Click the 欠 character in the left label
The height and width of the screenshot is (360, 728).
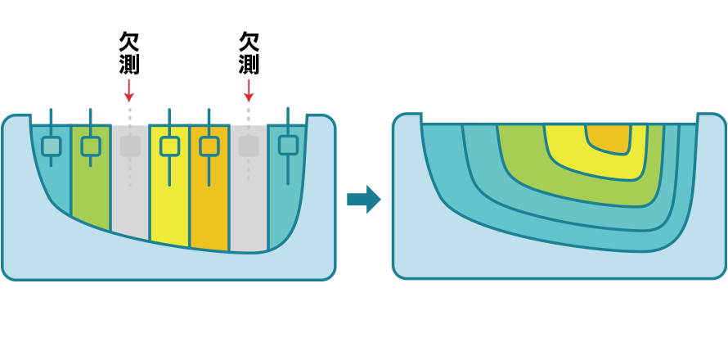pos(128,42)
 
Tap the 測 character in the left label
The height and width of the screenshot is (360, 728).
pos(128,64)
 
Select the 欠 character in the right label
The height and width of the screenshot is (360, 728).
pos(249,42)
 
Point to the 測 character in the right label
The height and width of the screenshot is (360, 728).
pos(249,64)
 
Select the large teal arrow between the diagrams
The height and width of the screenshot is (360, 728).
pos(363,199)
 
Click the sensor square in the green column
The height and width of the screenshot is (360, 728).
pos(90,146)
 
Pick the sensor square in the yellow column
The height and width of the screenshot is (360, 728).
pos(169,146)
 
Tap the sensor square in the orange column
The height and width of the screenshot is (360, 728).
pos(209,146)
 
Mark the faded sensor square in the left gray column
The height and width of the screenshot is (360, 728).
pos(130,146)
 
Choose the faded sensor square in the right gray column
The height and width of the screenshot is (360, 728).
pos(249,146)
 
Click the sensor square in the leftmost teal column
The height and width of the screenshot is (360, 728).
pos(51,146)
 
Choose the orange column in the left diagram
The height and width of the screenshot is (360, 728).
pos(209,205)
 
